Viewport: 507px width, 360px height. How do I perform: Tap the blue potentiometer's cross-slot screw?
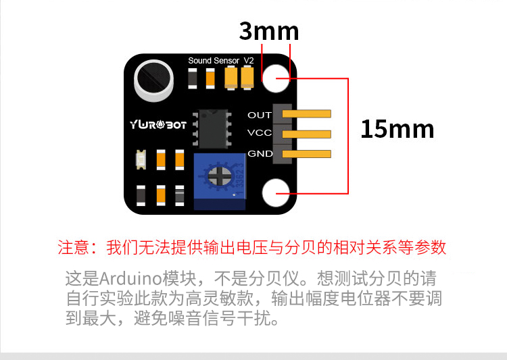click(x=220, y=177)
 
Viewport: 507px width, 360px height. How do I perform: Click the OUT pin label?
click(x=260, y=115)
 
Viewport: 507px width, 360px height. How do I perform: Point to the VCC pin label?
click(x=260, y=133)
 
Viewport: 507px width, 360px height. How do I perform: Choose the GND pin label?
click(x=260, y=153)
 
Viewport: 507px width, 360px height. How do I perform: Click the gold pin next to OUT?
click(x=311, y=114)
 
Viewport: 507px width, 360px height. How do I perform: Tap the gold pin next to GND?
click(x=311, y=154)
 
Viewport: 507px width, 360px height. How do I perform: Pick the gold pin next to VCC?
click(x=311, y=134)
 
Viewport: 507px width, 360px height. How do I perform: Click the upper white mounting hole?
click(x=276, y=79)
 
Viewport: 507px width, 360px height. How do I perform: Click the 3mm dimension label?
click(x=268, y=31)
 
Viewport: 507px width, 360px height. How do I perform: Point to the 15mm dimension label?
click(x=397, y=128)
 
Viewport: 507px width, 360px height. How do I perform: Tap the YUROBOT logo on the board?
click(x=158, y=124)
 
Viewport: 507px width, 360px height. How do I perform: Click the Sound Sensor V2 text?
click(x=220, y=61)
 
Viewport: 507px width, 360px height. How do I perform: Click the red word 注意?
click(x=74, y=247)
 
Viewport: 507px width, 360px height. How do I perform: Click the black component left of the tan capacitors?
click(x=192, y=79)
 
